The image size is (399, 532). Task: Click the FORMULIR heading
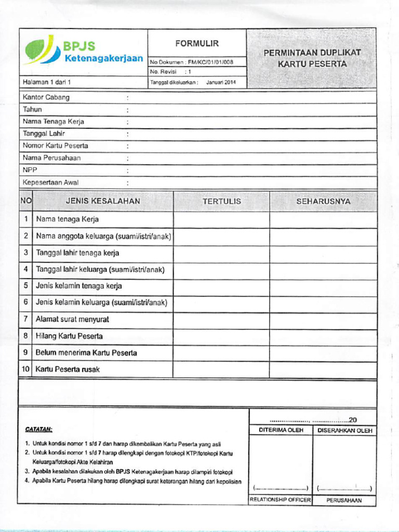(197, 44)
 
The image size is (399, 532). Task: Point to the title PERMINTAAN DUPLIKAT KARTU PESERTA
(312, 58)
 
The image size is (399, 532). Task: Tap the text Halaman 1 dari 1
(46, 82)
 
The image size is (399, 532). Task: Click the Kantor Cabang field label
(46, 97)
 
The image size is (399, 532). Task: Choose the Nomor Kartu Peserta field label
(56, 145)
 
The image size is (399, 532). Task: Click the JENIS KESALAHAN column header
(103, 201)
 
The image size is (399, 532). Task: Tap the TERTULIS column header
(222, 201)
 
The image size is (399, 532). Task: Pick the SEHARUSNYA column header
(323, 201)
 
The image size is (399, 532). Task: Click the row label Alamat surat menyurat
(72, 320)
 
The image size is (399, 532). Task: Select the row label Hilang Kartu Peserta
(69, 336)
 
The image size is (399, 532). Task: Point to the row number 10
(25, 369)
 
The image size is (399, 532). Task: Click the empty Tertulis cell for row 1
(222, 219)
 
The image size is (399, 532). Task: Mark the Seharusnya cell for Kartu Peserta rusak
(323, 369)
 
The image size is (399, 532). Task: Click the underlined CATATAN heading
(39, 430)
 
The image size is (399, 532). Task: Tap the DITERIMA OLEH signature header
(281, 430)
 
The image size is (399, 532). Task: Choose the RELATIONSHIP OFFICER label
(281, 500)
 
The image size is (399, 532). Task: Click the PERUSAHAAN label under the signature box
(344, 501)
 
